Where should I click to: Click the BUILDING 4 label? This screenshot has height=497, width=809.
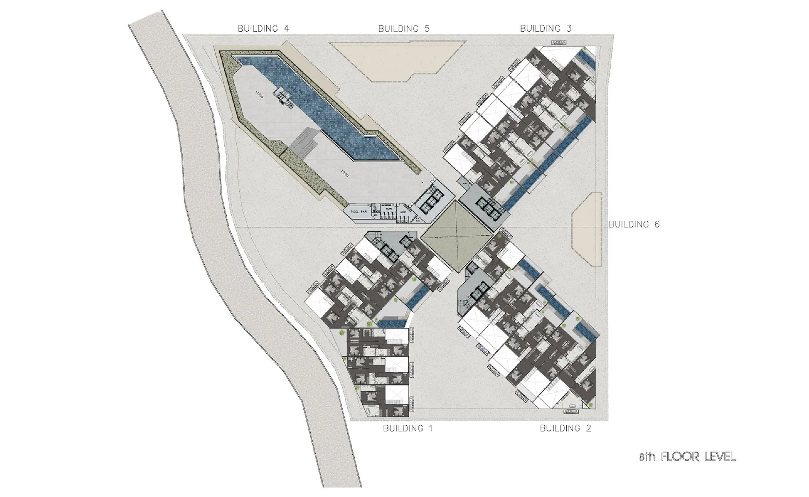(263, 29)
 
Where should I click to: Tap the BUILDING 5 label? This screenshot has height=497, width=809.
(404, 29)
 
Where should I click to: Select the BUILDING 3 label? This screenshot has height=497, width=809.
(546, 29)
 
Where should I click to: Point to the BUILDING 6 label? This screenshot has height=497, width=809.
(634, 224)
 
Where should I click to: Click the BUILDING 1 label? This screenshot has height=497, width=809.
(407, 428)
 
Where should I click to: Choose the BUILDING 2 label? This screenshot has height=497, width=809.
(565, 428)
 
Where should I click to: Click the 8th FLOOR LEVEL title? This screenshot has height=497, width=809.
(687, 457)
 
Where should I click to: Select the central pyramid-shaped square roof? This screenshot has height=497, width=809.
(457, 236)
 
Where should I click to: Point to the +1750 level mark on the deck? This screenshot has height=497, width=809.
(260, 95)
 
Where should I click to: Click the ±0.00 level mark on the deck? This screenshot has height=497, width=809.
(344, 173)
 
